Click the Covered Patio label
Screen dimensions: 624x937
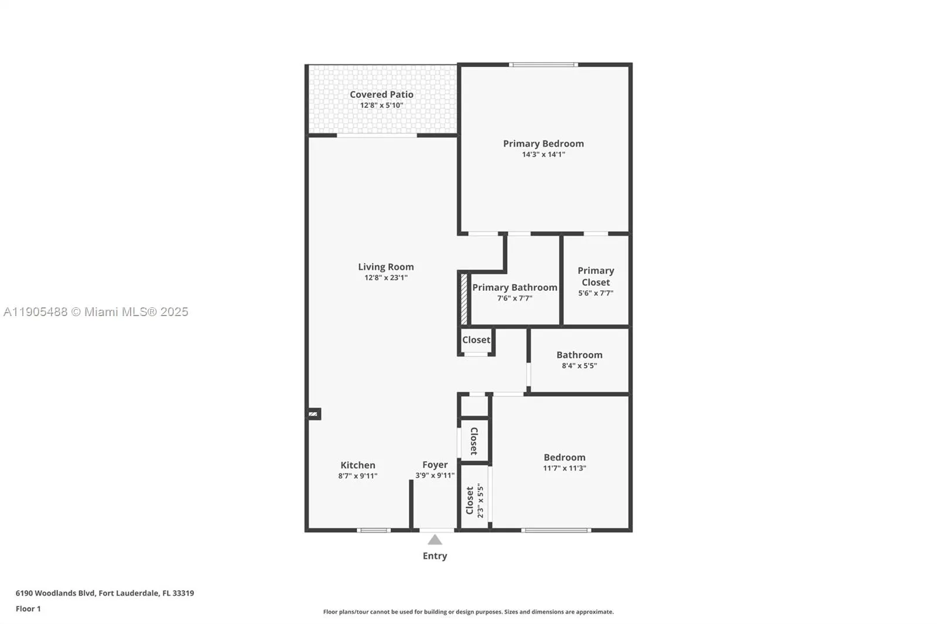pyautogui.click(x=381, y=94)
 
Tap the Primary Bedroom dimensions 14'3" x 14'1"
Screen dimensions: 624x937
pyautogui.click(x=543, y=155)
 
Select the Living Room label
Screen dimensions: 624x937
pyautogui.click(x=385, y=266)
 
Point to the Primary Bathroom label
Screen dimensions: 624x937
pyautogui.click(x=514, y=287)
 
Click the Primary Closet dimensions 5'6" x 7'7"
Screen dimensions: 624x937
pyautogui.click(x=596, y=293)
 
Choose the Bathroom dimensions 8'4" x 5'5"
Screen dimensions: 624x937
pyautogui.click(x=579, y=366)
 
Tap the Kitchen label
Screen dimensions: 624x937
pyautogui.click(x=358, y=465)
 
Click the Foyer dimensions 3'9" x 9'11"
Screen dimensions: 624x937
pyautogui.click(x=435, y=475)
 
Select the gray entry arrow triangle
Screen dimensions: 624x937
pyautogui.click(x=435, y=540)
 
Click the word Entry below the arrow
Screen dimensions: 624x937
pyautogui.click(x=435, y=556)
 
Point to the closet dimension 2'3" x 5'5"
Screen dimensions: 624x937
pyautogui.click(x=480, y=500)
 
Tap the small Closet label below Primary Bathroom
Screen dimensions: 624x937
pyautogui.click(x=476, y=340)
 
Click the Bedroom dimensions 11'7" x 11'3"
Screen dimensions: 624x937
pyautogui.click(x=564, y=468)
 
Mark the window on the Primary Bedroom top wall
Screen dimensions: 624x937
pyautogui.click(x=543, y=64)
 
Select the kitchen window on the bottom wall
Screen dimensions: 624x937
pyautogui.click(x=374, y=530)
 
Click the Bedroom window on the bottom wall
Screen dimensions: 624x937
pyautogui.click(x=556, y=530)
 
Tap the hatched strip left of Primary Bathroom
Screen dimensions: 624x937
pyautogui.click(x=464, y=299)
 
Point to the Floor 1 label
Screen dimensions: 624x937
pyautogui.click(x=28, y=609)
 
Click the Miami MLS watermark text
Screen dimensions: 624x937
pyautogui.click(x=96, y=312)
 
